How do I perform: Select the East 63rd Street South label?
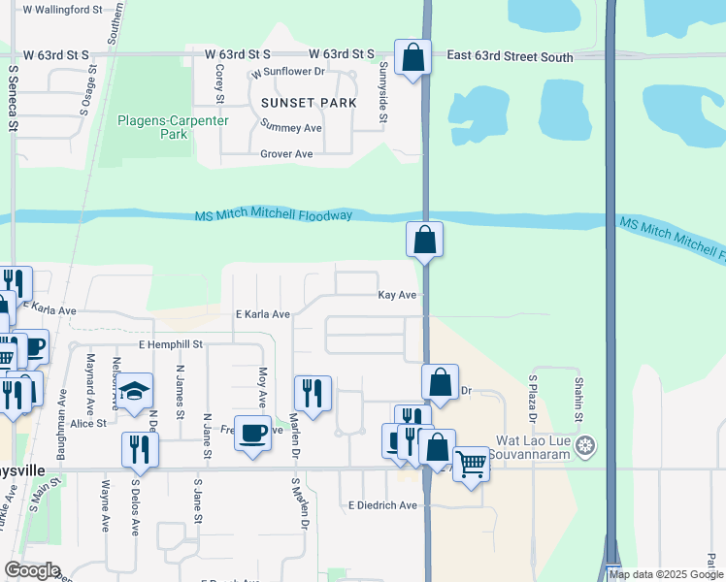(510, 57)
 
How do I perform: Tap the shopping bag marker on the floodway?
(424, 239)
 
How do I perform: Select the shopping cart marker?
(471, 464)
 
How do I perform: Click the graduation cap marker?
(135, 391)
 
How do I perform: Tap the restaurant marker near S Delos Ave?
(140, 449)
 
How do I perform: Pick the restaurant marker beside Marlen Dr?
(312, 393)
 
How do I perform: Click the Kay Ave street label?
(397, 295)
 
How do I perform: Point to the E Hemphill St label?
(170, 344)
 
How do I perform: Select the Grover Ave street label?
(286, 154)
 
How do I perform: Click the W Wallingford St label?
(62, 10)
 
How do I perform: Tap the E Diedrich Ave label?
(382, 505)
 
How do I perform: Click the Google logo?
(32, 570)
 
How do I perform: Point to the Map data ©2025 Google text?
(666, 574)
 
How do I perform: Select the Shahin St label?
(578, 399)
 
